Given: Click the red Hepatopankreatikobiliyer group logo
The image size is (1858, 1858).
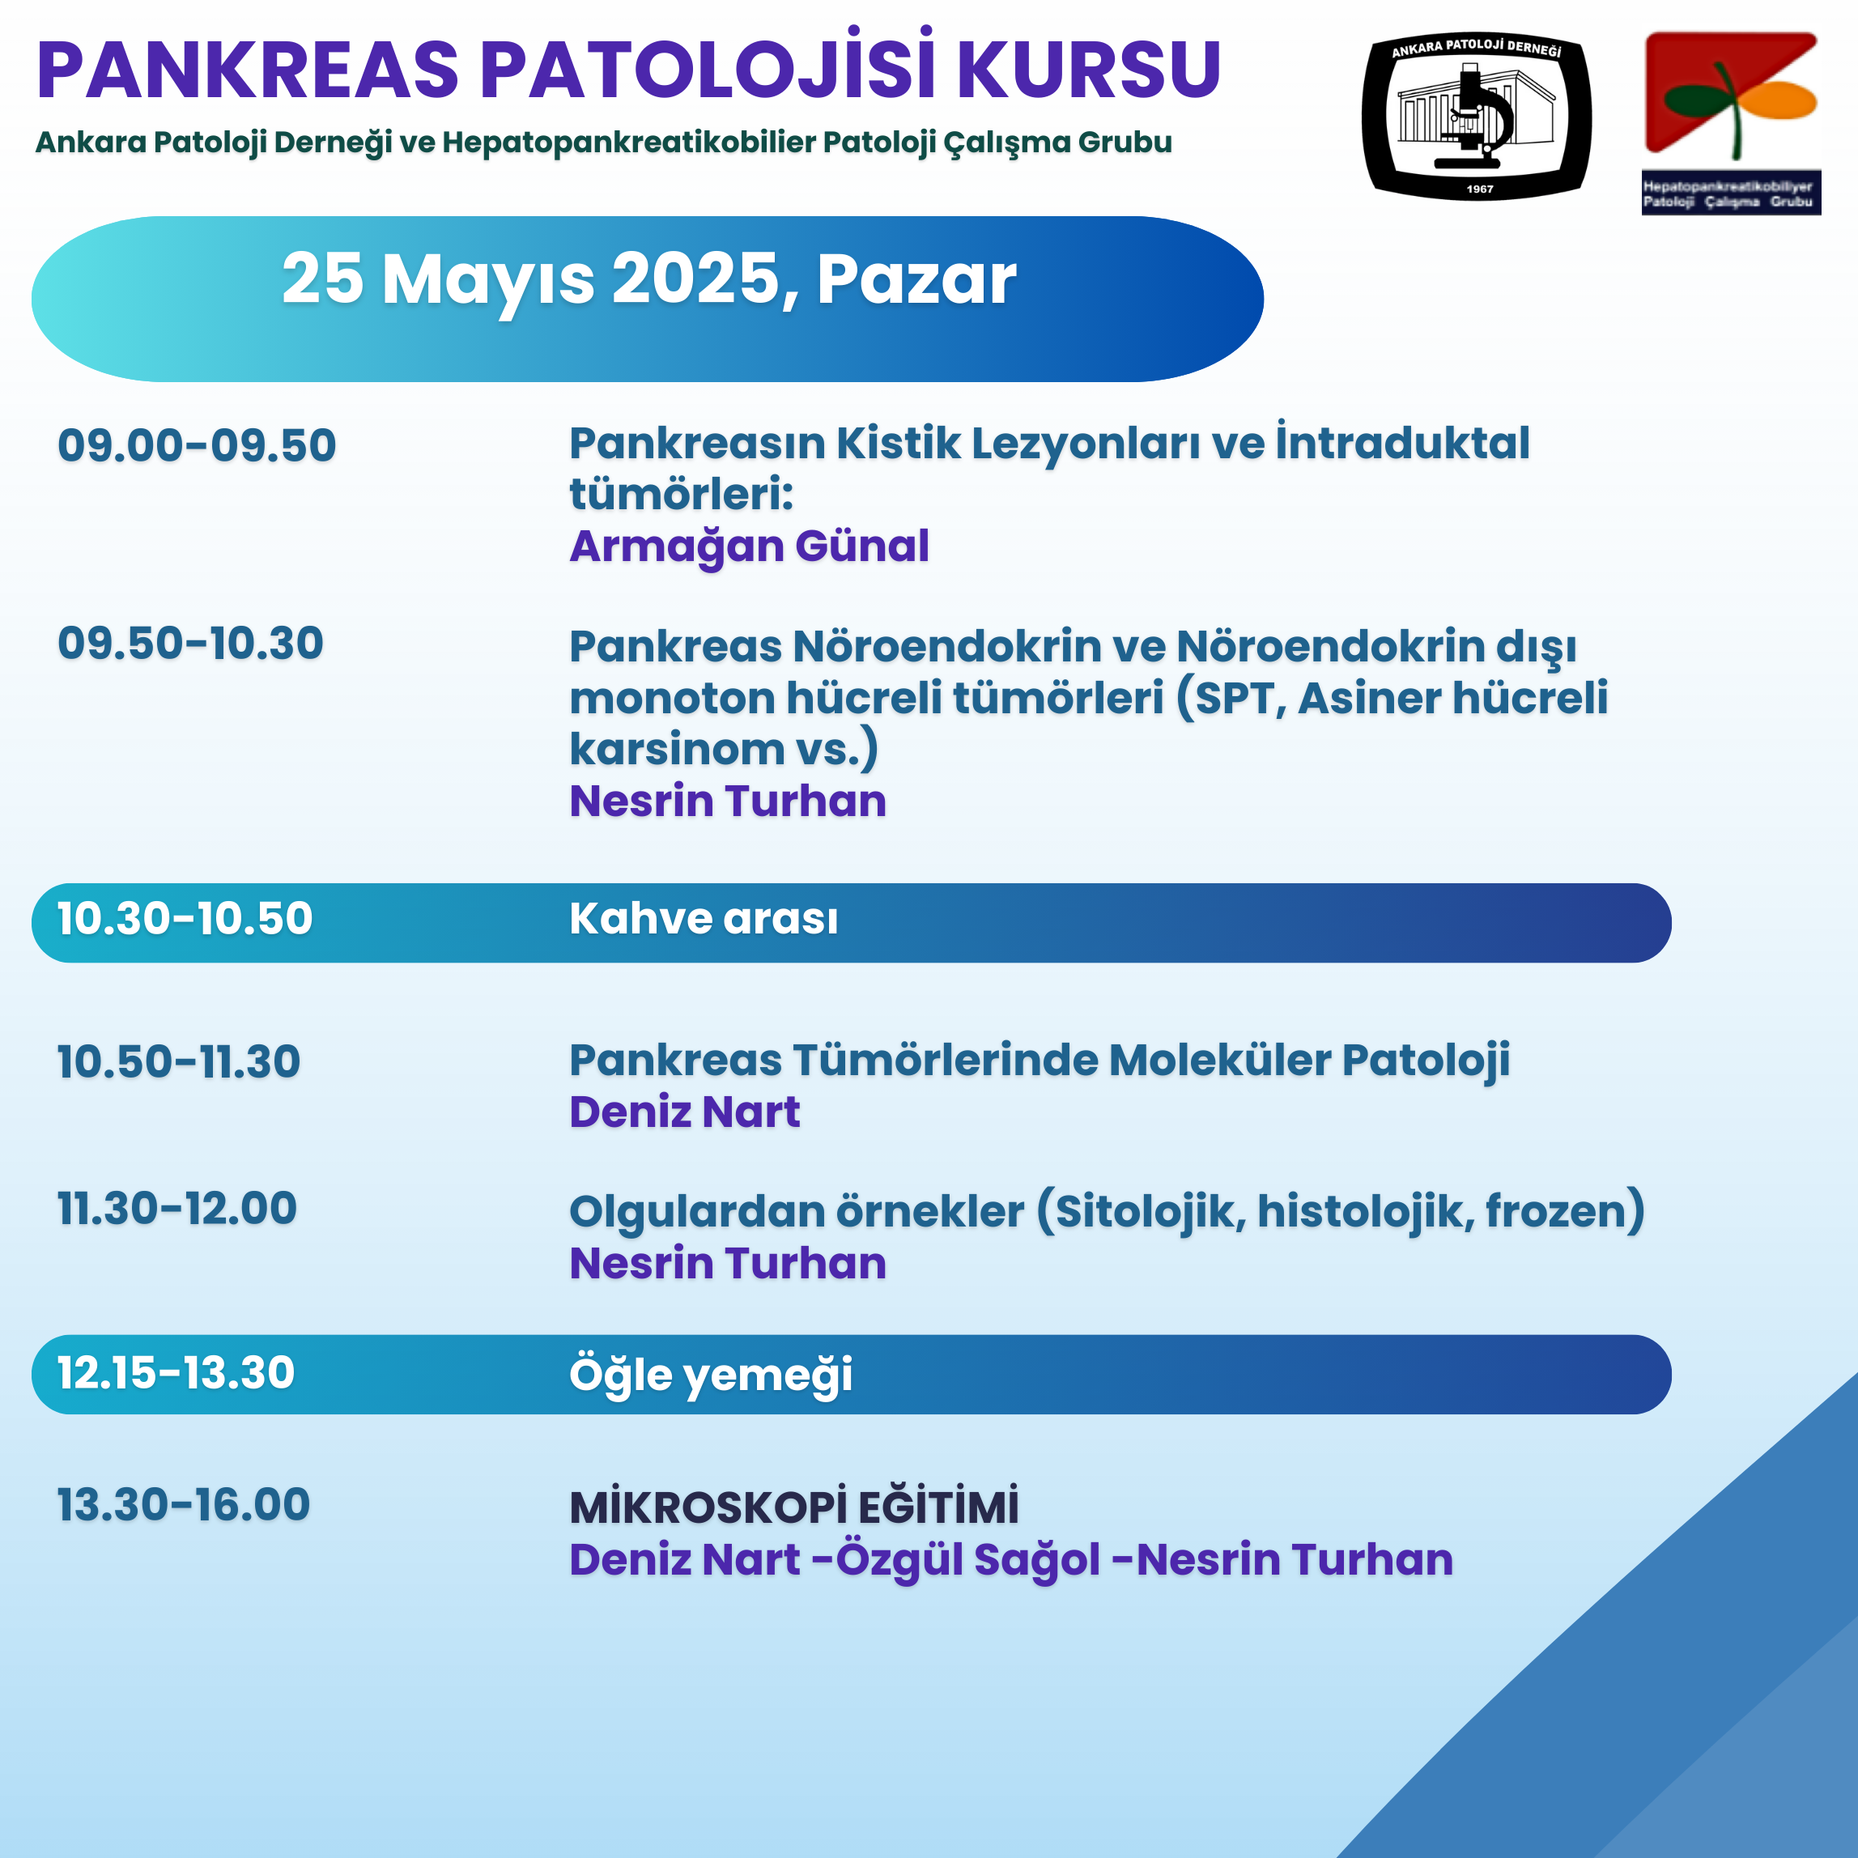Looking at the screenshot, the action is tap(1730, 122).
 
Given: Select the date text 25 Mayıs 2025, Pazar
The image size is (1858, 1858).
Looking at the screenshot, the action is tap(648, 280).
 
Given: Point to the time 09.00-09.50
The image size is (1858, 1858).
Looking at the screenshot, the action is tap(198, 445).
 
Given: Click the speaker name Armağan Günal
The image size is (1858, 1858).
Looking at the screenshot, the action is tap(749, 546).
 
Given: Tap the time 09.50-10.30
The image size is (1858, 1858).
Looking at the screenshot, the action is tap(190, 644).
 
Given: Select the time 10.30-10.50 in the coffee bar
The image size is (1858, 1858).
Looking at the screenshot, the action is tap(185, 918).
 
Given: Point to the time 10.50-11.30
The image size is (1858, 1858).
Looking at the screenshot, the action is tap(179, 1061).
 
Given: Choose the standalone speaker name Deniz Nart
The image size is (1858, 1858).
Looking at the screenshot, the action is tap(685, 1112).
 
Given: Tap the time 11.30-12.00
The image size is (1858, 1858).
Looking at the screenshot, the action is tap(177, 1209).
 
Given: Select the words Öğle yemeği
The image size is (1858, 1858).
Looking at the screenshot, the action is tap(711, 1374).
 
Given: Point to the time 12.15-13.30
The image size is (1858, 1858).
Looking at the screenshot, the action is tap(176, 1372).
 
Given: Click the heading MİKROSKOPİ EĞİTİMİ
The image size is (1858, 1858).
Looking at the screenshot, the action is tap(794, 1507).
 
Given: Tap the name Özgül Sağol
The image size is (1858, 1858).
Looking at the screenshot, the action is tap(967, 1560).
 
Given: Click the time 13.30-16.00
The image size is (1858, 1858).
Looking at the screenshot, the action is tap(184, 1505).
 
